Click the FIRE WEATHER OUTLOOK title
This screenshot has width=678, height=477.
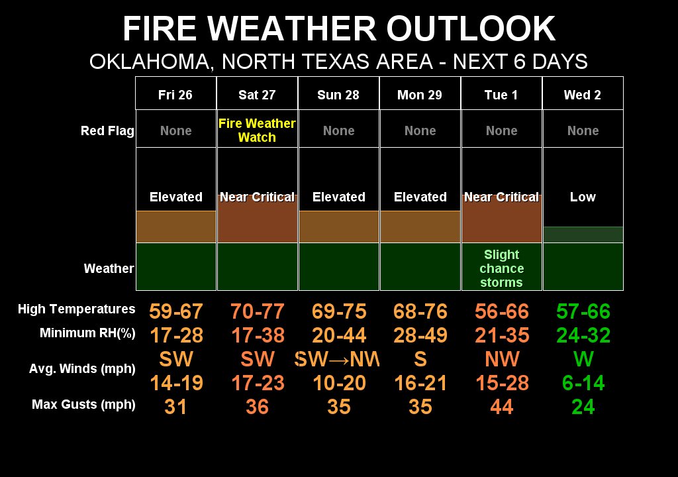click(339, 29)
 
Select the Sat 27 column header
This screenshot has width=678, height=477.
click(257, 95)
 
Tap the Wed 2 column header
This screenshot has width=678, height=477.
click(583, 95)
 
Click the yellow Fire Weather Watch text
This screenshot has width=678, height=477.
click(257, 131)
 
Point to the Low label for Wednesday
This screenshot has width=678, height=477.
click(583, 197)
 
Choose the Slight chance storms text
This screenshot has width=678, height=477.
click(502, 268)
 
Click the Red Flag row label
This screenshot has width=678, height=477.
click(107, 131)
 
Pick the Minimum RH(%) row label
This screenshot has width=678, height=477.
click(87, 333)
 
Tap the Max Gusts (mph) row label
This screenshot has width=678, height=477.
click(83, 404)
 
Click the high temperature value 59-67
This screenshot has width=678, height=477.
click(176, 311)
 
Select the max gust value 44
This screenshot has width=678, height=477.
click(502, 406)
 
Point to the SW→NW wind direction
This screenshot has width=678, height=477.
click(338, 359)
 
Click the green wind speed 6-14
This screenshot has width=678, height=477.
click(583, 383)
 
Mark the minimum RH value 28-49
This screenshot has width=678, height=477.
click(420, 335)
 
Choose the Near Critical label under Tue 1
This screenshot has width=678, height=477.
click(502, 197)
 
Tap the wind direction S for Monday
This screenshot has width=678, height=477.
click(420, 359)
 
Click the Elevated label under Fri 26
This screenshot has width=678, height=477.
click(176, 197)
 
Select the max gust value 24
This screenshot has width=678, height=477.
click(583, 406)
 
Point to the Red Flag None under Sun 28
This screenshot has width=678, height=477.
click(338, 131)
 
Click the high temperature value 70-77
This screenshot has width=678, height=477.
click(257, 311)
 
